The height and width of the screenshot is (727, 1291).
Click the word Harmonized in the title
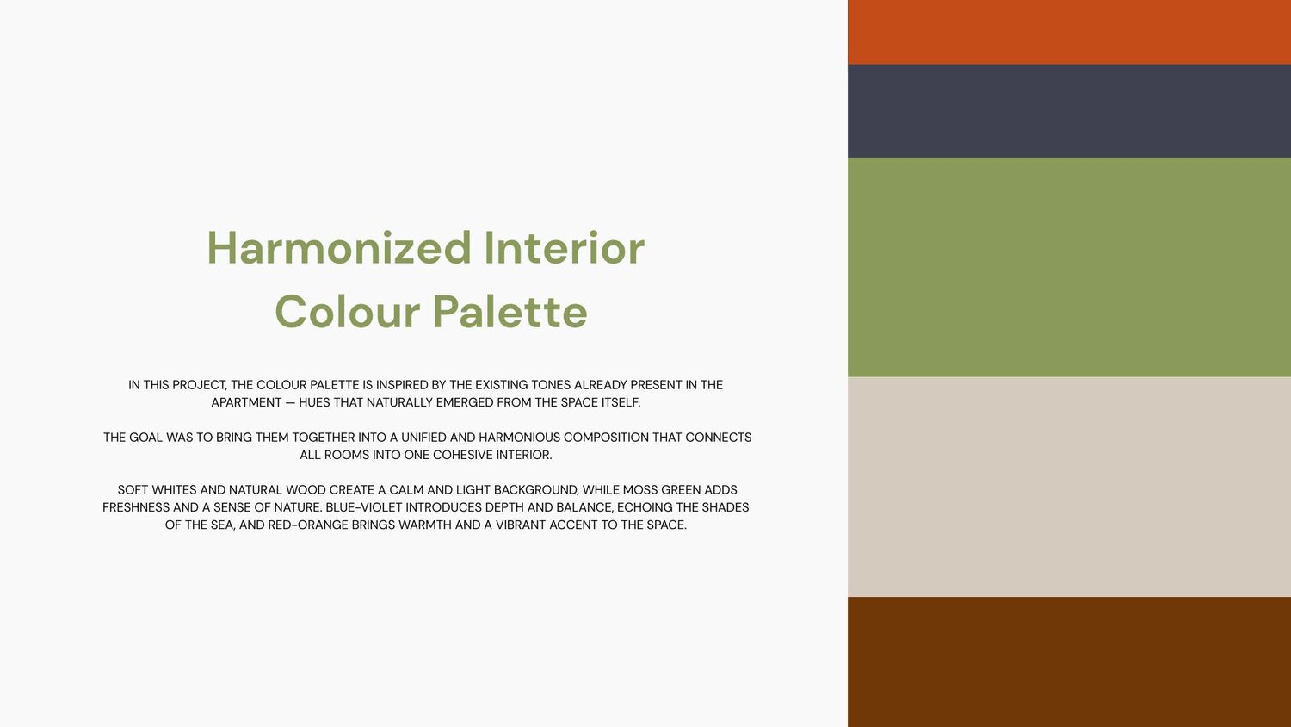pyautogui.click(x=339, y=248)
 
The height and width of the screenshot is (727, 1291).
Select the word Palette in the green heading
pyautogui.click(x=510, y=312)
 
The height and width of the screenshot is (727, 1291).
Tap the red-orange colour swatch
pyautogui.click(x=1069, y=32)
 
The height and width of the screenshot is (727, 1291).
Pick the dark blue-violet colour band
pyautogui.click(x=1069, y=111)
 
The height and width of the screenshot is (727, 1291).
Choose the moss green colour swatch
pyautogui.click(x=1069, y=267)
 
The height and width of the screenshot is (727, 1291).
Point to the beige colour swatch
pyautogui.click(x=1069, y=487)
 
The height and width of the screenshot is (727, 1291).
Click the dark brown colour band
pyautogui.click(x=1069, y=662)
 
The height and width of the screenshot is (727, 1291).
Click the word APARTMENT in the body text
pyautogui.click(x=246, y=403)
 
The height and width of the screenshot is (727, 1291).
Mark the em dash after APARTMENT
pyautogui.click(x=290, y=403)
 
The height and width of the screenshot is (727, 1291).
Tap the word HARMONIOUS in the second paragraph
pyautogui.click(x=519, y=438)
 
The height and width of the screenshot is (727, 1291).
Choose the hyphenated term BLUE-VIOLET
pyautogui.click(x=364, y=507)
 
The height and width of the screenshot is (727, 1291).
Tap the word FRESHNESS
pyautogui.click(x=136, y=507)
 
